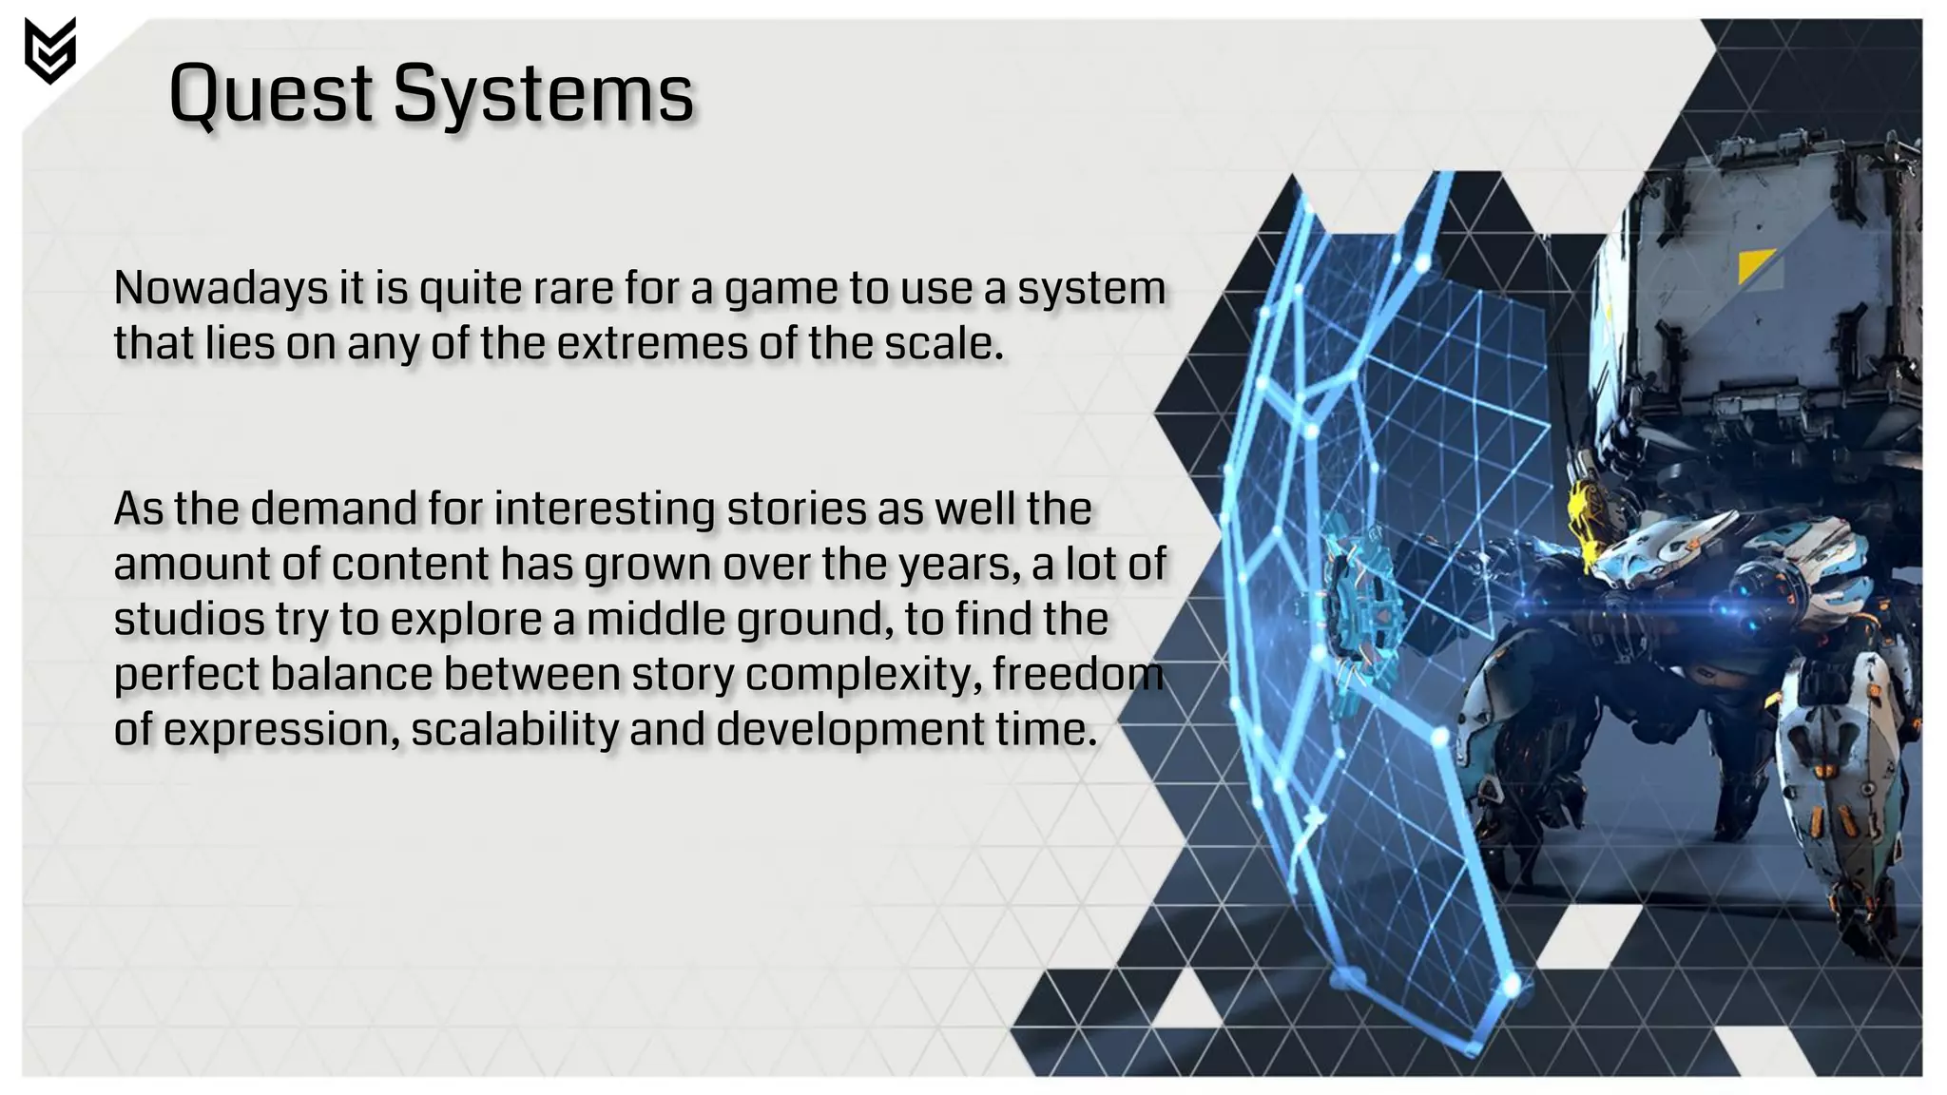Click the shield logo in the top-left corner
coord(49,50)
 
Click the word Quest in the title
coord(271,94)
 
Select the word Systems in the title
coord(543,94)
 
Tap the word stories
coord(797,509)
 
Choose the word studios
coord(189,619)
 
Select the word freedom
coord(1078,674)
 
